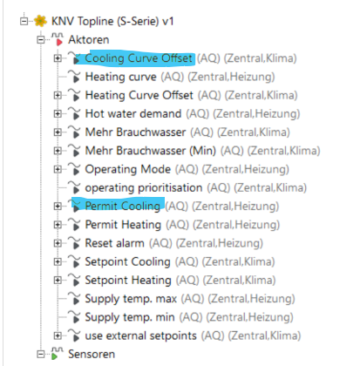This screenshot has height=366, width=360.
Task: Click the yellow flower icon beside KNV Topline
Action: (x=40, y=21)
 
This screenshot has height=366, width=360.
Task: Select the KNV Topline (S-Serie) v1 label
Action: (x=112, y=21)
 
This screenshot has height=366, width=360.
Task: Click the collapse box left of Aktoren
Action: (x=41, y=39)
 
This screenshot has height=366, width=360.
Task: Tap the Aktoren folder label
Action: (x=89, y=40)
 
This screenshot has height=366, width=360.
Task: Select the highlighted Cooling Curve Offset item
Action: (x=139, y=58)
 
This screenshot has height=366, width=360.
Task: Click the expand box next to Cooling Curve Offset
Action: (x=58, y=58)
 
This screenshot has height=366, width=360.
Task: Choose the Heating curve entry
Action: (x=120, y=77)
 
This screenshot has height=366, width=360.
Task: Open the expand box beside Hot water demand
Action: (x=58, y=113)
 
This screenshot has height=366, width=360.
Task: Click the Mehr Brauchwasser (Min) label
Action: (x=151, y=151)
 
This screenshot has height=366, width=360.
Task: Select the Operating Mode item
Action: (x=128, y=169)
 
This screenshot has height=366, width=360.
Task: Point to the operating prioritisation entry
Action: (x=144, y=188)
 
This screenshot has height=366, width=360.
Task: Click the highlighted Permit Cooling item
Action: (x=122, y=207)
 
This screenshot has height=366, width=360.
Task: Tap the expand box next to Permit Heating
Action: (x=58, y=225)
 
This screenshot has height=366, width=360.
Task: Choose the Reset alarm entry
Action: (x=114, y=243)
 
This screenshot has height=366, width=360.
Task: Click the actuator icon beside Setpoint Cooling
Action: (x=74, y=261)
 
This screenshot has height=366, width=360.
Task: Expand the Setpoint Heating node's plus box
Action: (x=58, y=280)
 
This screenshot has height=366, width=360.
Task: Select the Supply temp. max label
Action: (x=131, y=299)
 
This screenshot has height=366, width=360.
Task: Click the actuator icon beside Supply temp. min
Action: (x=74, y=317)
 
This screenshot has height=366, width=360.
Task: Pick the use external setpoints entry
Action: (x=140, y=335)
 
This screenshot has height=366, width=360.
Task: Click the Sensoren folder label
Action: (x=92, y=355)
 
